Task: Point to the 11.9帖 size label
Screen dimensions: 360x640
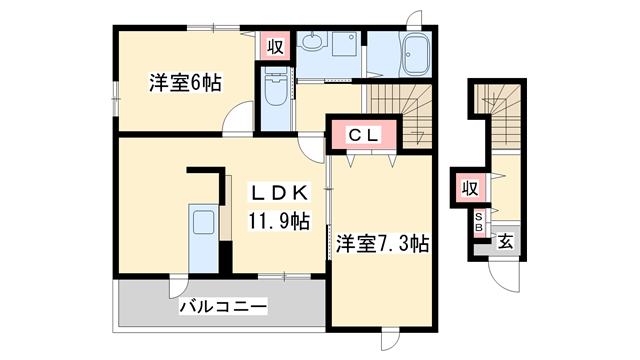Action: [279, 220]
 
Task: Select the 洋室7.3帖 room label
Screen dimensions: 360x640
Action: [382, 242]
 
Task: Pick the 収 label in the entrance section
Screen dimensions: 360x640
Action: [469, 187]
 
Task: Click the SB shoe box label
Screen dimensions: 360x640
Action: [479, 222]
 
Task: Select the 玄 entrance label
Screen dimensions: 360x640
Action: [506, 241]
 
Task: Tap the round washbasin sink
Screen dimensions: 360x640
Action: [313, 42]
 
